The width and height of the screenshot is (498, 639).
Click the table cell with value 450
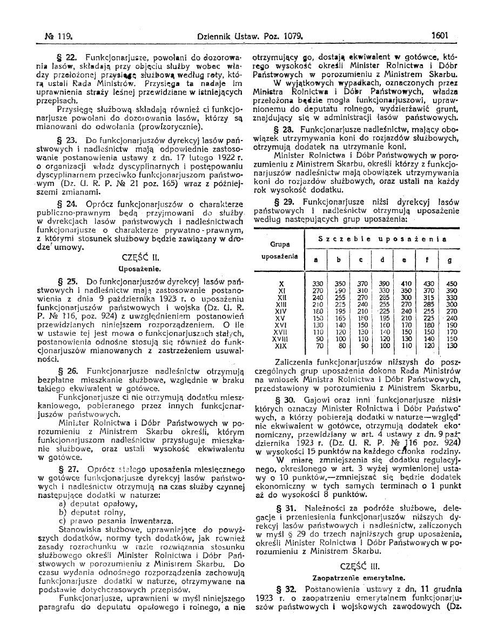(x=452, y=283)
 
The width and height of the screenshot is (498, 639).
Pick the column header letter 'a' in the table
(x=317, y=259)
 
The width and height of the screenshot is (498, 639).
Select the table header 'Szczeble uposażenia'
(x=382, y=238)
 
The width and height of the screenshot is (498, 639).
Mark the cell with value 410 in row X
(x=407, y=283)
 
